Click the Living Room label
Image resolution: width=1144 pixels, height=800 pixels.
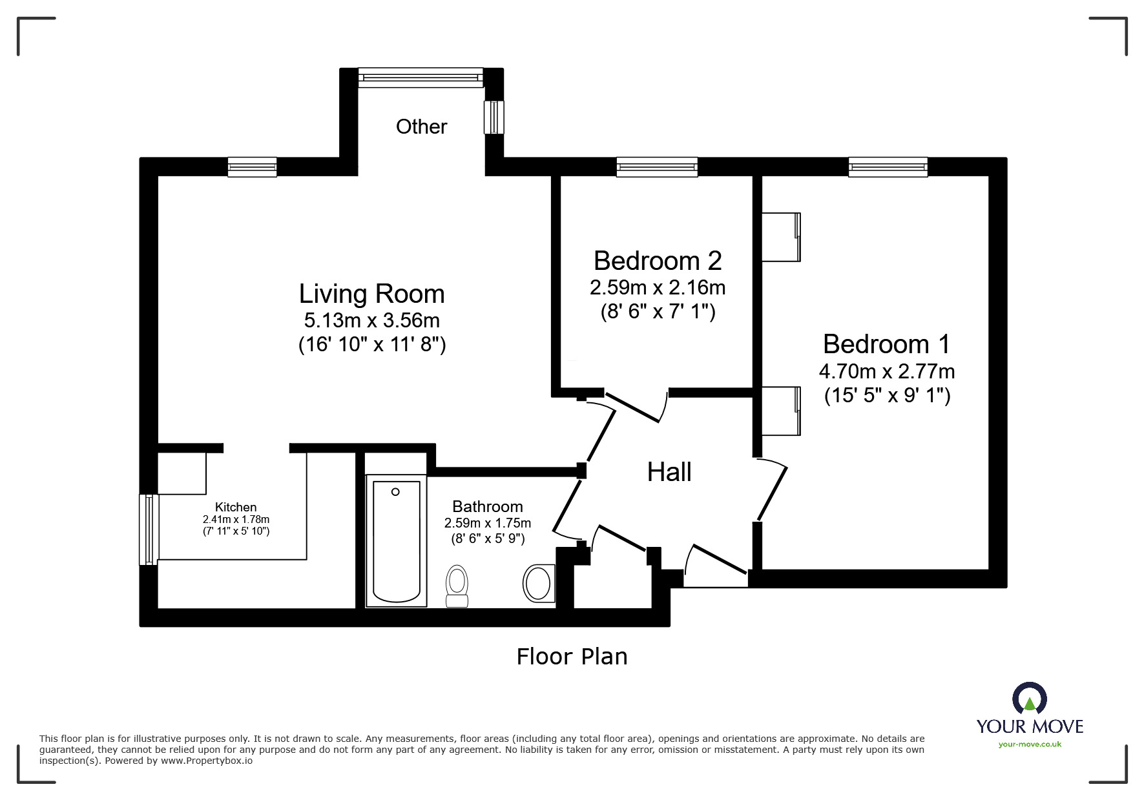click(x=371, y=294)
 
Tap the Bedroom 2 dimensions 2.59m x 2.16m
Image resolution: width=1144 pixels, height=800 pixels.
click(x=657, y=287)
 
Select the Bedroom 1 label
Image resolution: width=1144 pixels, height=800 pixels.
click(x=886, y=344)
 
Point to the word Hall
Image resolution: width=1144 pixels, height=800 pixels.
click(x=669, y=472)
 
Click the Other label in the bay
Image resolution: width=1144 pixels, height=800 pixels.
click(x=421, y=127)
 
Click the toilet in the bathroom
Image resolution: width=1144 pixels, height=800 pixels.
click(x=457, y=586)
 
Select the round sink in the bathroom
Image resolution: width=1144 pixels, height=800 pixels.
click(x=538, y=583)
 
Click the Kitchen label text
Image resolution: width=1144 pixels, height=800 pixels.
click(x=236, y=508)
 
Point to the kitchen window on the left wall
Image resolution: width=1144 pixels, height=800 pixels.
click(x=149, y=529)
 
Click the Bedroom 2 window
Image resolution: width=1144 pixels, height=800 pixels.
click(x=657, y=167)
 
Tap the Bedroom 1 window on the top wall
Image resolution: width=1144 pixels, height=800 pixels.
click(x=888, y=167)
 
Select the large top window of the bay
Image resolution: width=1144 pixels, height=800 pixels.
click(x=421, y=77)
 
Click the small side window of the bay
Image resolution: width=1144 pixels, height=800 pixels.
click(x=494, y=118)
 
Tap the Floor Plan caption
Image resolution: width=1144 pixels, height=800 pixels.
click(x=572, y=657)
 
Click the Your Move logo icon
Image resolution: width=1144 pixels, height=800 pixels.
click(x=1029, y=699)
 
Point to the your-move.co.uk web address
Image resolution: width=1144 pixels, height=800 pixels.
click(x=1030, y=744)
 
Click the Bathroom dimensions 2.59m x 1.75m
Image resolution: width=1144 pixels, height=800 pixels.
click(x=488, y=523)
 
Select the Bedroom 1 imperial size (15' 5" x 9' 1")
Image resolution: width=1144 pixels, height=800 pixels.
click(x=887, y=395)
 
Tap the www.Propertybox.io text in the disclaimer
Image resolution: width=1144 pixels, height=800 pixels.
click(x=207, y=761)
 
